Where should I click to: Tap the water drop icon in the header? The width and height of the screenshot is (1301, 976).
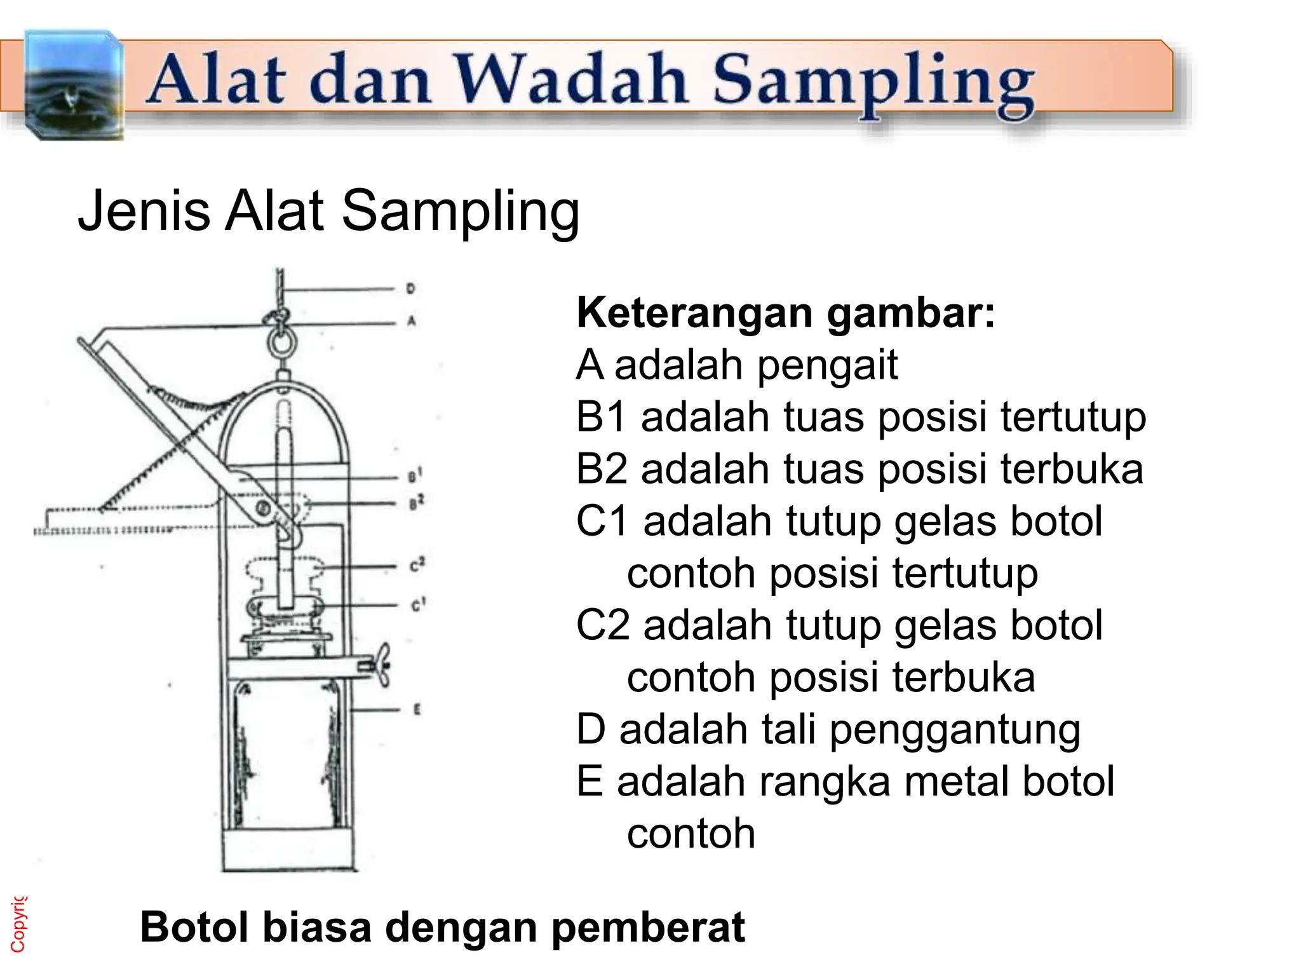(71, 86)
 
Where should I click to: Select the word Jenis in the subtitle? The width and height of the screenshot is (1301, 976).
(144, 211)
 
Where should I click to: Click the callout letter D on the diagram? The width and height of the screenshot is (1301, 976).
(410, 289)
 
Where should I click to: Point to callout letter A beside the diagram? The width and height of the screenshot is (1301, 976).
(411, 322)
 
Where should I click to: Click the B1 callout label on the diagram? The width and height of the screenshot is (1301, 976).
(415, 476)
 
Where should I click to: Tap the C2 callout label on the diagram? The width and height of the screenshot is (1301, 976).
(417, 565)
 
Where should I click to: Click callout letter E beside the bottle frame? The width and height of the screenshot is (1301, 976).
(417, 709)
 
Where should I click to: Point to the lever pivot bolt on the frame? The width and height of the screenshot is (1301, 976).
(263, 508)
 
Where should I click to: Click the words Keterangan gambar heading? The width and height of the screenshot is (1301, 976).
(785, 313)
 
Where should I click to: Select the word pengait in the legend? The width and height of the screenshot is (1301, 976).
(826, 366)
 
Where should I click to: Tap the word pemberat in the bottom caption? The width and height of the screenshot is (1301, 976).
(647, 928)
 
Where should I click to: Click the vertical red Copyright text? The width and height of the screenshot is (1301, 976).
(18, 925)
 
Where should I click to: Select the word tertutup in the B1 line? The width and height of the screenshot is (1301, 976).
(1073, 417)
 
